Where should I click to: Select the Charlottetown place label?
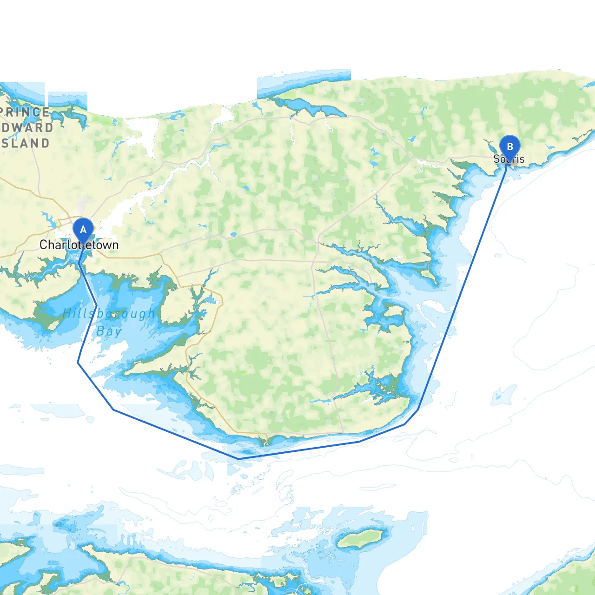(x=79, y=245)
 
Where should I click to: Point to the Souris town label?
(x=509, y=159)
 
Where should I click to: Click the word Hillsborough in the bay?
(x=109, y=314)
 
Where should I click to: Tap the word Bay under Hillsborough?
(x=109, y=331)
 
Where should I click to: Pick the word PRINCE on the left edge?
(x=25, y=112)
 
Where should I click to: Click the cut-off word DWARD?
(x=27, y=128)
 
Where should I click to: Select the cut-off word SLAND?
(x=26, y=143)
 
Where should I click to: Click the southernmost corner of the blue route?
(x=238, y=459)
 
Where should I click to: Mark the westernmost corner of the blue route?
(x=78, y=363)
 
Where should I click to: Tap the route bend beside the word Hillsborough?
(x=96, y=305)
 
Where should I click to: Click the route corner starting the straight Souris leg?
(x=418, y=409)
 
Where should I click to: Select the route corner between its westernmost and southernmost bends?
(x=113, y=410)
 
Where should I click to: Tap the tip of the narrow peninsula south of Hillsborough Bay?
(x=125, y=372)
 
